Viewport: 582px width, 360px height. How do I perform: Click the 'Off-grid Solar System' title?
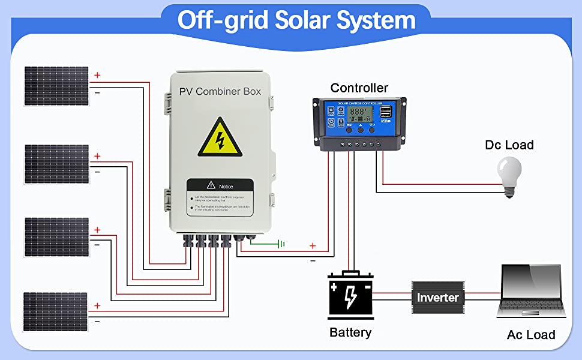(x=296, y=20)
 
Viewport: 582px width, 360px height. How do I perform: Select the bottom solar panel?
(x=56, y=311)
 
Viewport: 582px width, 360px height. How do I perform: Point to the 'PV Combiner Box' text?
(x=220, y=92)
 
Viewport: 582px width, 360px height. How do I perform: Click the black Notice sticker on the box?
(x=220, y=197)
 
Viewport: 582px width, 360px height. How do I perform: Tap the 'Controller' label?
(x=359, y=88)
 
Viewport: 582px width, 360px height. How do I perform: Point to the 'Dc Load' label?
(x=509, y=145)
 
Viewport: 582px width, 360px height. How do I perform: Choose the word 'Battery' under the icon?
(x=350, y=332)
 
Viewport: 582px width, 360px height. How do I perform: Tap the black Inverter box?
(x=437, y=297)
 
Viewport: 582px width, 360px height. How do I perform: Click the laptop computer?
(x=531, y=292)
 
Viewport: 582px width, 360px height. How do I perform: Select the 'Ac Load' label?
(x=531, y=335)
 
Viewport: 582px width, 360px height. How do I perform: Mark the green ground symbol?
(x=280, y=244)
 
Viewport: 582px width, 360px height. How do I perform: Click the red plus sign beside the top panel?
(x=97, y=76)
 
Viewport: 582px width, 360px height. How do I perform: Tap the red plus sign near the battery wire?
(x=312, y=245)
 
